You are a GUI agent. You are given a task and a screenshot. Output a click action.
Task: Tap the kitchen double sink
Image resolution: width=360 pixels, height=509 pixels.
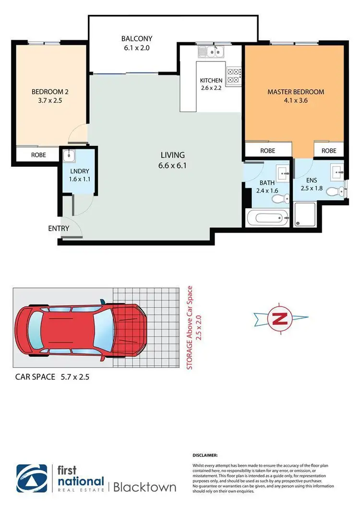point(211,51)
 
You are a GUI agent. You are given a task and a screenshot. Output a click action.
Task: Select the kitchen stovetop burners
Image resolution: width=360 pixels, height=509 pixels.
point(233,75)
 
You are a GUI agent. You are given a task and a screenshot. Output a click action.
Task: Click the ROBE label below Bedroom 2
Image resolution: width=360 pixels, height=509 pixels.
point(39,155)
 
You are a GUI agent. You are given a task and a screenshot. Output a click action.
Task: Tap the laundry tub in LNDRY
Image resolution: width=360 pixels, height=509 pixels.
point(68,155)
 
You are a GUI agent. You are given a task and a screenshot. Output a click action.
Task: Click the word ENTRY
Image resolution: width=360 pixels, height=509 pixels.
point(59,228)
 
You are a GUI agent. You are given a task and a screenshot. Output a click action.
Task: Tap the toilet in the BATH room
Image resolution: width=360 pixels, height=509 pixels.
point(285,199)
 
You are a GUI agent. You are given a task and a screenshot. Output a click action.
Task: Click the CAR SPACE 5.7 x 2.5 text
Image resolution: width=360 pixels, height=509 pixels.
point(52,377)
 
